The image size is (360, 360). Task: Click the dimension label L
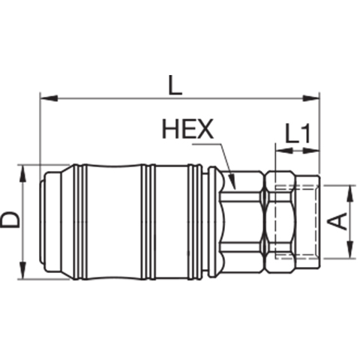pyautogui.click(x=175, y=85)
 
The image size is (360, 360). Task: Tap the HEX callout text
pyautogui.click(x=188, y=129)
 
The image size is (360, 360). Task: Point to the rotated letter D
pyautogui.click(x=10, y=220)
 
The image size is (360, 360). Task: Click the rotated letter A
pyautogui.click(x=337, y=221)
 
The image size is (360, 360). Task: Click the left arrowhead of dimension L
pyautogui.click(x=49, y=98)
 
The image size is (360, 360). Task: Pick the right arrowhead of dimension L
pyautogui.click(x=310, y=98)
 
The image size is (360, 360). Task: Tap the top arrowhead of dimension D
pyautogui.click(x=22, y=174)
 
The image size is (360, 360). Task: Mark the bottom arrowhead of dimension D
pyautogui.click(x=22, y=270)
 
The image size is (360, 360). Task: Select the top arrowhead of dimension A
pyautogui.click(x=351, y=194)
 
